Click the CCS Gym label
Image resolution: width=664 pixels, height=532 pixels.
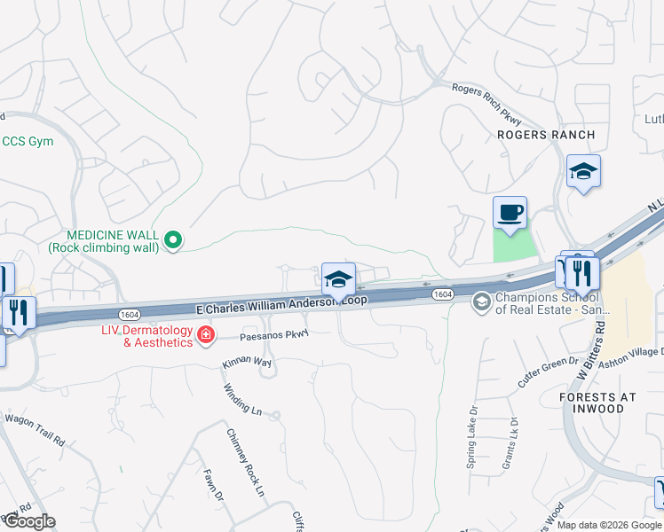28,141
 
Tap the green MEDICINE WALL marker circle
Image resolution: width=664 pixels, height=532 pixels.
174,239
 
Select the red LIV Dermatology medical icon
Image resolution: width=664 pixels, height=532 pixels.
206,334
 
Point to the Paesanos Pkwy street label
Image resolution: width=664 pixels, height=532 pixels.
274,335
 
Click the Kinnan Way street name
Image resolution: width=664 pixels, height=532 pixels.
247,363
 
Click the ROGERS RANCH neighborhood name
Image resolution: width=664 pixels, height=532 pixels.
546,135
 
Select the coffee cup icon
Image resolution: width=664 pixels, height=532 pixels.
510,213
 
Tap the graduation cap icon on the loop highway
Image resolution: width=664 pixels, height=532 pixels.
338,279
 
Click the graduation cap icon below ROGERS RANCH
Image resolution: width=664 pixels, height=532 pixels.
583,171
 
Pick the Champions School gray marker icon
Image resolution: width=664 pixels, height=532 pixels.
481,302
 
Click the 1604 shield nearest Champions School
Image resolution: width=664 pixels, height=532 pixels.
443,293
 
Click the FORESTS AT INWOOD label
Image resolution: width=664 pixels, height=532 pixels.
598,403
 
